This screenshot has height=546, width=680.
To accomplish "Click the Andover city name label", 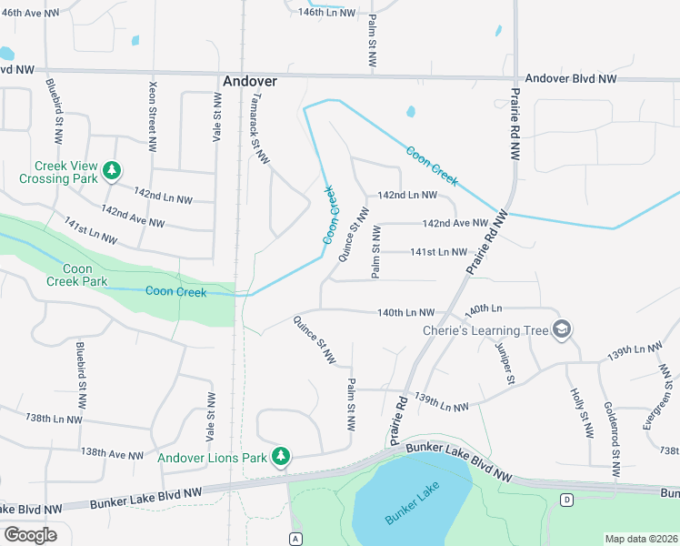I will tap(249, 81).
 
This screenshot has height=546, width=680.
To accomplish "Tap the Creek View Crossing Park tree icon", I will tap(112, 170).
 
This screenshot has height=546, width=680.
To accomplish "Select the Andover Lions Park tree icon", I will tap(282, 456).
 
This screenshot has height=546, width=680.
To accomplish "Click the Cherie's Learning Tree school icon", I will tap(561, 329).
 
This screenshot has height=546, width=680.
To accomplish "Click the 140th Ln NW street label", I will tap(406, 312).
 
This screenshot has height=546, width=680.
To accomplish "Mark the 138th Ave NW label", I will tap(112, 453).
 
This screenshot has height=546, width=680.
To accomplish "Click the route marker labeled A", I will tap(295, 538).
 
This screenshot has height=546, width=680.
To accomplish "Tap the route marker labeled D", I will tap(567, 500).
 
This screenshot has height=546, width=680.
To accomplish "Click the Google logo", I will tap(30, 534).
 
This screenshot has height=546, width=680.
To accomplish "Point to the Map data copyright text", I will tap(641, 539).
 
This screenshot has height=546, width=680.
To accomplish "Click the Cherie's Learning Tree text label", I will tap(485, 330).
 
